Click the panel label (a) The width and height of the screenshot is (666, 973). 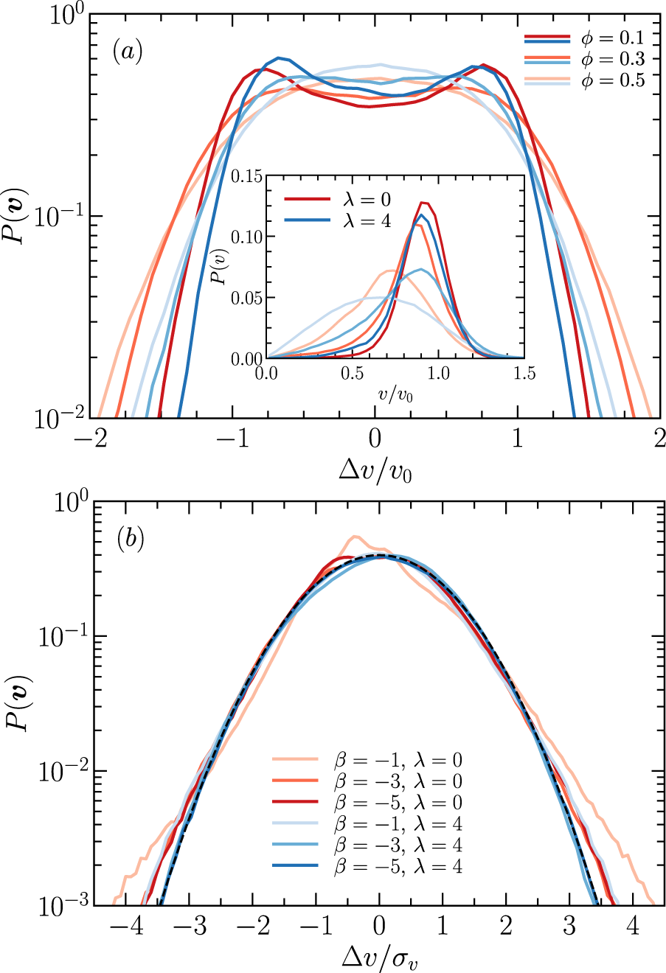click(127, 52)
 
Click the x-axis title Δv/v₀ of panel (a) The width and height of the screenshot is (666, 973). click(375, 468)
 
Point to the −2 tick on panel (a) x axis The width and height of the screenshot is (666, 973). click(94, 439)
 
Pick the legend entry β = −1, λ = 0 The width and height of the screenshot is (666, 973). click(398, 760)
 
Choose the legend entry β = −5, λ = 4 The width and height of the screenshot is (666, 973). click(398, 866)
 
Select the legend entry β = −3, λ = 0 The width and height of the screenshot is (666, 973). click(398, 781)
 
